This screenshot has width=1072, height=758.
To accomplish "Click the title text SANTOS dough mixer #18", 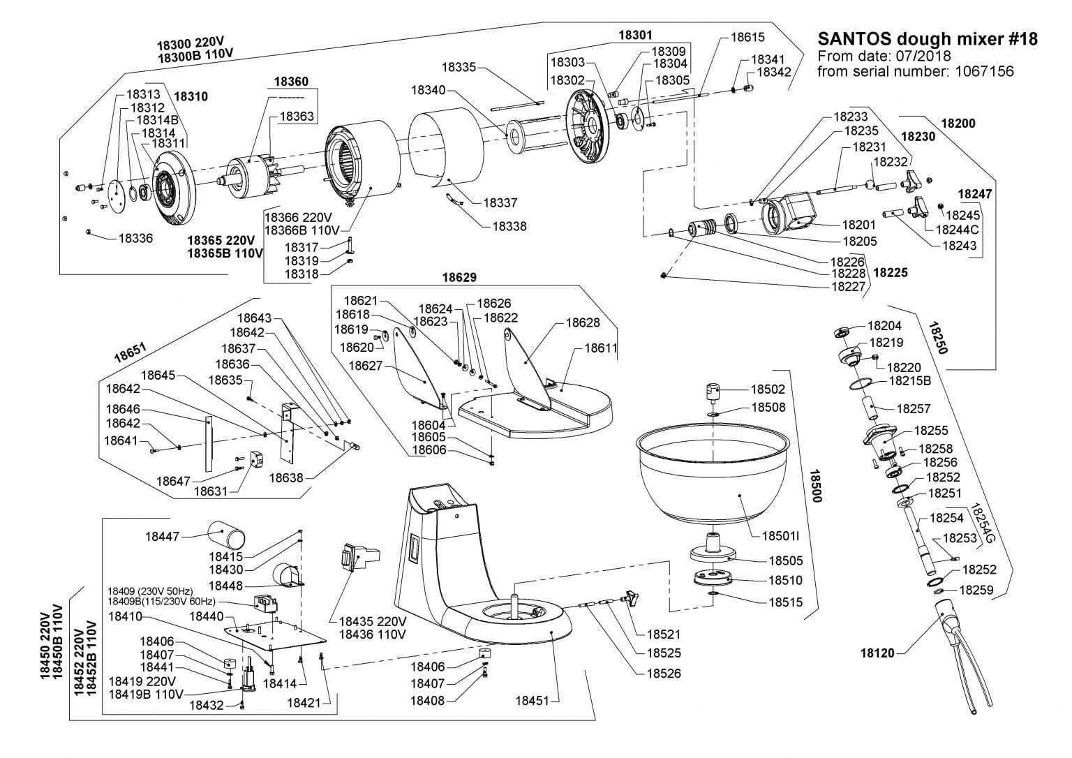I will pyautogui.click(x=927, y=39).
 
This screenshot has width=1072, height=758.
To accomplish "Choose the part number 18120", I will pyautogui.click(x=877, y=654).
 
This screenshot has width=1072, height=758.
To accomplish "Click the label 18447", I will pyautogui.click(x=163, y=537).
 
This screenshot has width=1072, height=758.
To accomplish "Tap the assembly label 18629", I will pyautogui.click(x=459, y=277).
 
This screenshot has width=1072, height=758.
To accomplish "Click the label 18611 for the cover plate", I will pyautogui.click(x=601, y=347).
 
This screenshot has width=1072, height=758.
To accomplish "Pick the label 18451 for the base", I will pyautogui.click(x=533, y=701).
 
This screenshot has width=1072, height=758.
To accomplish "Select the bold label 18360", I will pyautogui.click(x=290, y=82).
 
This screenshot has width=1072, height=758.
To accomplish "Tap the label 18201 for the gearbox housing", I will pyautogui.click(x=858, y=225).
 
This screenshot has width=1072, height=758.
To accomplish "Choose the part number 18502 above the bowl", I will pyautogui.click(x=768, y=389).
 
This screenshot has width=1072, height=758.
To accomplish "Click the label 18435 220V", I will pyautogui.click(x=372, y=621).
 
